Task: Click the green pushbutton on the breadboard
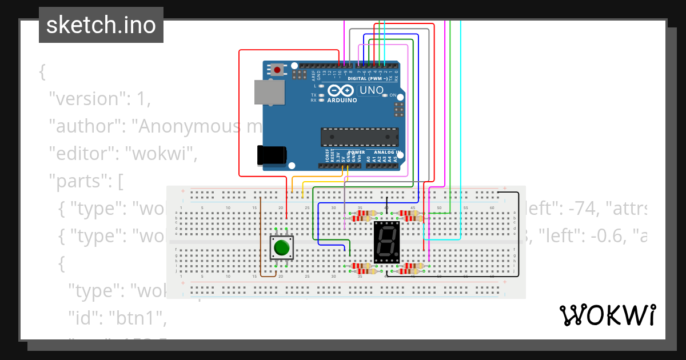tap(281, 247)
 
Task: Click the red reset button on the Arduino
tap(277, 70)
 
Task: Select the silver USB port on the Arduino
tap(269, 92)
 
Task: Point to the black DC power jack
tap(272, 155)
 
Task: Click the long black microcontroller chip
tap(359, 137)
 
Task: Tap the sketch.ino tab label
tap(101, 25)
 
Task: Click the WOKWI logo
tap(607, 315)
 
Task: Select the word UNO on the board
tap(371, 90)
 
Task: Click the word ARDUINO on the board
tap(342, 101)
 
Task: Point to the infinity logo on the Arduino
tap(342, 91)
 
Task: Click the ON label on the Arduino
tap(393, 95)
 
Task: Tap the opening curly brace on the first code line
tap(42, 72)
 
